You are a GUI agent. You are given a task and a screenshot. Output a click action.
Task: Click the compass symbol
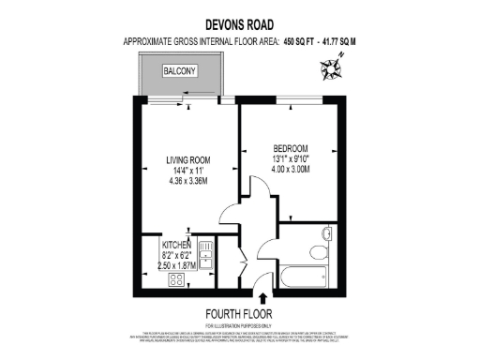333,66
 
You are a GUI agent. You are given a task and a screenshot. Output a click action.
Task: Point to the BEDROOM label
292,147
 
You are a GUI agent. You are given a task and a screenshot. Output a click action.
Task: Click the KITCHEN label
175,245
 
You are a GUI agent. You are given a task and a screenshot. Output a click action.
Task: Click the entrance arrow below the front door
261,298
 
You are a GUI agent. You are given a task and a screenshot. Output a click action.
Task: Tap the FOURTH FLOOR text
239,314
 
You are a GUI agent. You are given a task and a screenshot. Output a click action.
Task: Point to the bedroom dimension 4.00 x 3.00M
292,170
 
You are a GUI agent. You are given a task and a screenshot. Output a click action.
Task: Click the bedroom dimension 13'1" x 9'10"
292,158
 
